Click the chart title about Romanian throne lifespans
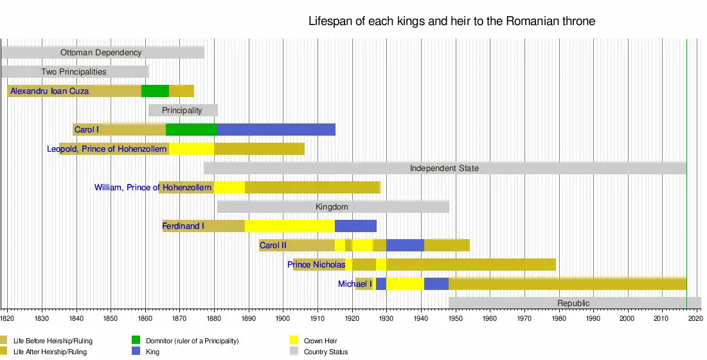click(452, 21)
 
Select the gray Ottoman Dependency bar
click(102, 53)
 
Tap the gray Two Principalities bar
click(74, 72)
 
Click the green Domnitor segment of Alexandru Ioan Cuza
click(155, 91)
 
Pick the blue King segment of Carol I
click(276, 129)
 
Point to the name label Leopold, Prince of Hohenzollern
click(107, 149)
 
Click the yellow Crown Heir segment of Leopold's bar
click(191, 149)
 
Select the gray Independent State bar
click(444, 168)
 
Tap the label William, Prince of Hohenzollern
click(153, 188)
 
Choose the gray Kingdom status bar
click(332, 207)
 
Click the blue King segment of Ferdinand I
click(355, 226)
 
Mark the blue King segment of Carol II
click(405, 246)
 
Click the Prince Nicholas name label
click(316, 265)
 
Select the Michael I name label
click(355, 284)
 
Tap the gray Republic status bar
click(574, 303)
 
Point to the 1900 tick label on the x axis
click(283, 318)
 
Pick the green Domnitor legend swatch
click(136, 340)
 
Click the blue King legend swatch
click(136, 352)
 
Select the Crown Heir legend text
click(320, 341)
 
